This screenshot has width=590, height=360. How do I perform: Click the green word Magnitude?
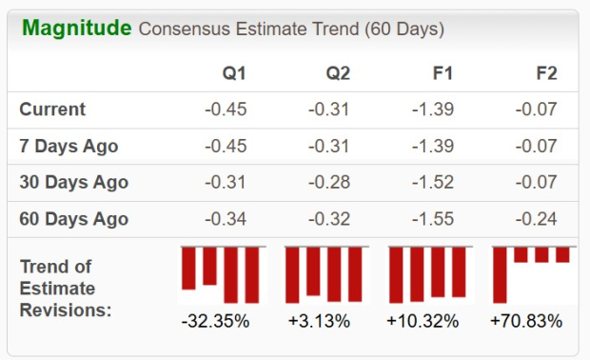point(77,28)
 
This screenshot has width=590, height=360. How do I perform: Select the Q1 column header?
point(233,73)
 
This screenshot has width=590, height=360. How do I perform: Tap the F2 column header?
point(546,73)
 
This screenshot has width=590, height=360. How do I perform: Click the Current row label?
point(52,110)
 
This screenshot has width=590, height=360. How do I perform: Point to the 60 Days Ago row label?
point(73,220)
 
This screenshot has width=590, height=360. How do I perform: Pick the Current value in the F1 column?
point(433,110)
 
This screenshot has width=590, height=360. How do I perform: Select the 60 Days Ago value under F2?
point(537,220)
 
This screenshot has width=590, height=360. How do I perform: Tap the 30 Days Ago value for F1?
point(433,183)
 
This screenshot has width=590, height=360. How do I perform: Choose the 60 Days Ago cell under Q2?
point(329,220)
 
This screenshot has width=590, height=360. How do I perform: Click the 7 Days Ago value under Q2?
point(329,147)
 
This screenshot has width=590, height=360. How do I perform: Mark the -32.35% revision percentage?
point(215,321)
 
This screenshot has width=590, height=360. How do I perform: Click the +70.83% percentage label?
point(526,321)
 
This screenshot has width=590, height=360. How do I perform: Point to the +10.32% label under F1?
point(423,321)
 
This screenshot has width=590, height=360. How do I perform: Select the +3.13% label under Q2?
point(319,321)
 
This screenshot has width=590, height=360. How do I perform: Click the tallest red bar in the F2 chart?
point(500,274)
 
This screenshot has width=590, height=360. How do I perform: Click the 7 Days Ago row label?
point(69,147)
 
